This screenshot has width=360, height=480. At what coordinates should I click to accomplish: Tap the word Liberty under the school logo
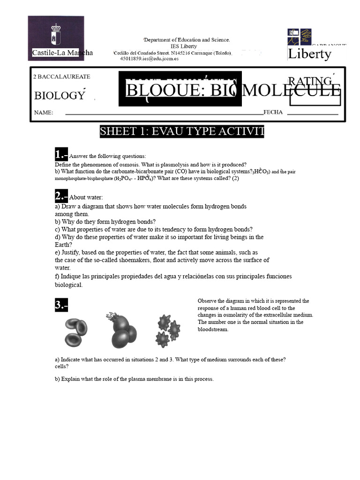pos(309,54)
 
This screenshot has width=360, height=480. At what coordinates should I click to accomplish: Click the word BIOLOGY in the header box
pos(59,96)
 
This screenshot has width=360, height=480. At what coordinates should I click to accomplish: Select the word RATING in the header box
pos(310,82)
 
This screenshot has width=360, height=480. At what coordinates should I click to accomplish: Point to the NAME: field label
pos(43,112)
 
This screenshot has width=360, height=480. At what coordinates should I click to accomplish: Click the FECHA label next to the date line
pos(273,112)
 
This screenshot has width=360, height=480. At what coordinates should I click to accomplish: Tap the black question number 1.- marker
pos(61,155)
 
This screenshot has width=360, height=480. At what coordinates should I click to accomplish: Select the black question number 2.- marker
pos(61,196)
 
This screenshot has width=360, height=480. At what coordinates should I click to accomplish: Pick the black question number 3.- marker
pos(61,305)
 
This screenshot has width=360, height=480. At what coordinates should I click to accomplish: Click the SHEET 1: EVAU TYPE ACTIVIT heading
pos(182,132)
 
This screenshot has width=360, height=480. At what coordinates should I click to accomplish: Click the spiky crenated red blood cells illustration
pos(167,329)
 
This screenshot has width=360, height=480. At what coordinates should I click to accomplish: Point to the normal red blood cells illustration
pos(75,331)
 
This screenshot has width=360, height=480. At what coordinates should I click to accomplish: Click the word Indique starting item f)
pos(70,276)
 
